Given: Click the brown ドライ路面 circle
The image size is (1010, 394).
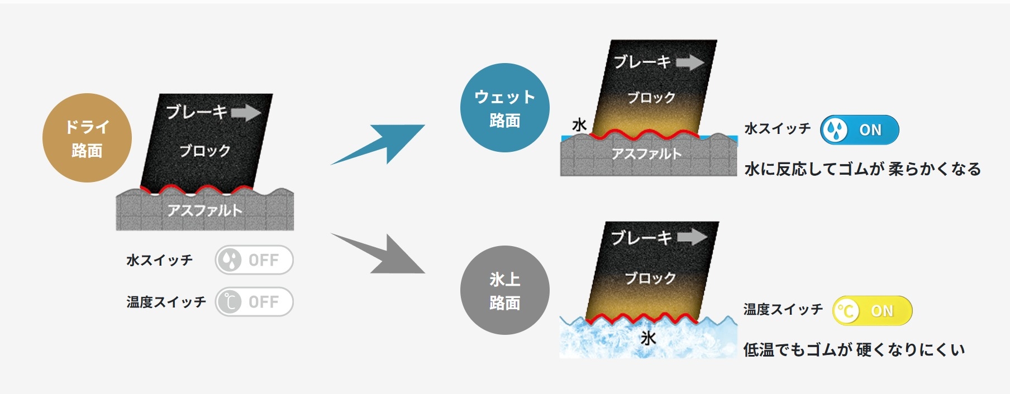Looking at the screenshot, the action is (x=87, y=138).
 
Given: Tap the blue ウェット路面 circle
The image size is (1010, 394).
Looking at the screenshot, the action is (x=505, y=108).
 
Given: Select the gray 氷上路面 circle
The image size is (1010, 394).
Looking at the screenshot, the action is (x=505, y=290).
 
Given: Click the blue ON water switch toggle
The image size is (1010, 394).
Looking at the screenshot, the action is (x=859, y=130).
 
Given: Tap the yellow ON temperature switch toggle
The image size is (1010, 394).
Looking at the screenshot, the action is (x=872, y=311).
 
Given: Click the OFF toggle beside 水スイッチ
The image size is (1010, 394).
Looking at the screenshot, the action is (x=254, y=260).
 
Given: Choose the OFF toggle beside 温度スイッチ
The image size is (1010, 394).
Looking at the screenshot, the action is (x=254, y=302).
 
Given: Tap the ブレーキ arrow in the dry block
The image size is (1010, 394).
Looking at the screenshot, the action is (x=246, y=113).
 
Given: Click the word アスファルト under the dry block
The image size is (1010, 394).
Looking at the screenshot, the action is (x=205, y=210).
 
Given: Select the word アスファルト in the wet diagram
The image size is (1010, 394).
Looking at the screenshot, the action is (x=646, y=153).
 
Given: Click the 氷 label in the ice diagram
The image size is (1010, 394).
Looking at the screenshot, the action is (x=648, y=338).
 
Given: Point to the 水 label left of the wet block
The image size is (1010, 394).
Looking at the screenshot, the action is (x=579, y=124).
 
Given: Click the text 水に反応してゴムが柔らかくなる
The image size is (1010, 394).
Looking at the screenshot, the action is (x=863, y=169).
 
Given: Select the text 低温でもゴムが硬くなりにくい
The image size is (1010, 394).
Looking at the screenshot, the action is (x=854, y=350).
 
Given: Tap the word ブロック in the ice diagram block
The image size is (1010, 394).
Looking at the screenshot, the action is (x=650, y=278).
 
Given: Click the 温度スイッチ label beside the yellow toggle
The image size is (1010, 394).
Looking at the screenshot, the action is (x=783, y=309).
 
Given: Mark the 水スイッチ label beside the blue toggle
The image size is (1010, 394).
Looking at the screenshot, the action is (x=778, y=129).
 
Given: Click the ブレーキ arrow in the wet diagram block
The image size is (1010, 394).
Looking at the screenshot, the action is (x=690, y=62).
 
